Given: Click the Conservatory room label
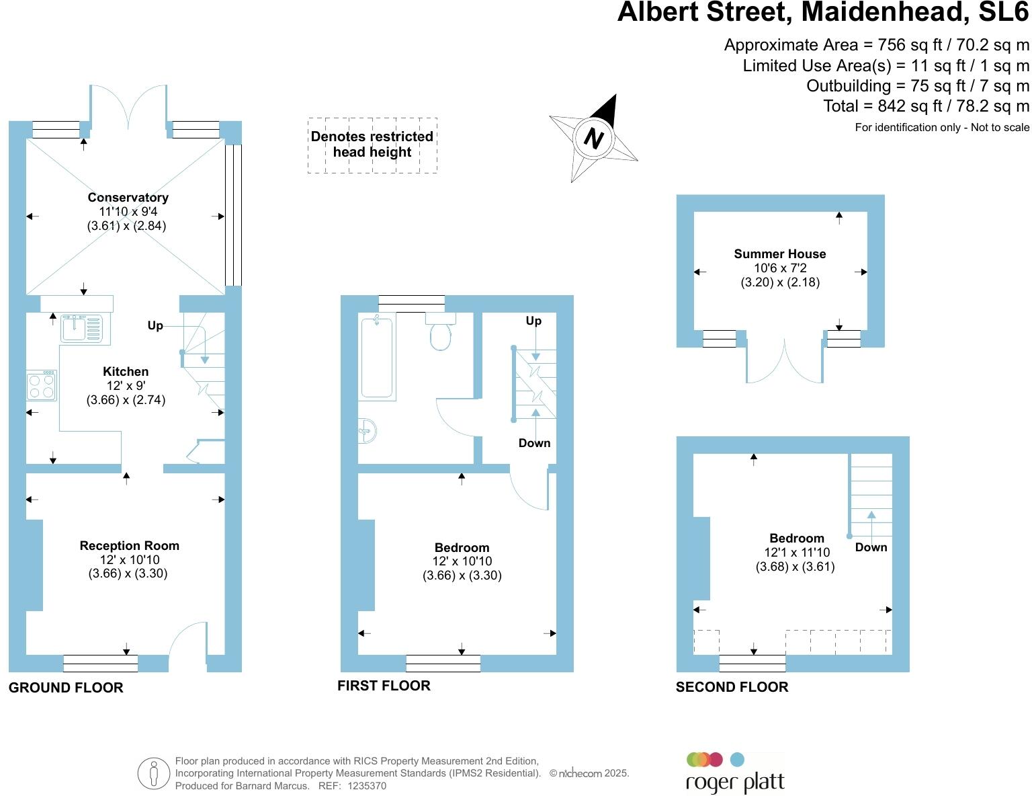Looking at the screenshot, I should point(128,198).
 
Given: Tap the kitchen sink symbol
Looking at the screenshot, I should point(81,329).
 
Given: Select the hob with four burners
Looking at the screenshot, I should point(42,385).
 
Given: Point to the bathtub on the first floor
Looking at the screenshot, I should point(376,358).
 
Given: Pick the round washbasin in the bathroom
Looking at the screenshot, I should point(367,431).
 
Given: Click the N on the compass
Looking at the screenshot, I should point(593,138).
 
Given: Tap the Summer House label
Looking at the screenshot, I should point(779,254).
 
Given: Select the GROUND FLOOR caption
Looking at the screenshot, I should point(66,688).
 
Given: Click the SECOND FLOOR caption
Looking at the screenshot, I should point(732,687).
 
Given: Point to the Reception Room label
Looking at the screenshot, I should point(129,546).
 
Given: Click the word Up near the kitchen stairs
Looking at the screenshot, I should point(155,325).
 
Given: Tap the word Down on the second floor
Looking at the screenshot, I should point(871,547).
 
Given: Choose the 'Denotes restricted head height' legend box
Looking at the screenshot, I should point(372,145).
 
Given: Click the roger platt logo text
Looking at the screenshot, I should point(734,783).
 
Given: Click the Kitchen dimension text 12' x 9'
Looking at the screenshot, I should point(126,386).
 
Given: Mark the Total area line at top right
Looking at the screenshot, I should point(926,106).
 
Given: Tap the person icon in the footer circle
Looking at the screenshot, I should point(153,774).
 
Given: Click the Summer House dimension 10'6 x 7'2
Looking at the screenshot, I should point(779,268).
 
